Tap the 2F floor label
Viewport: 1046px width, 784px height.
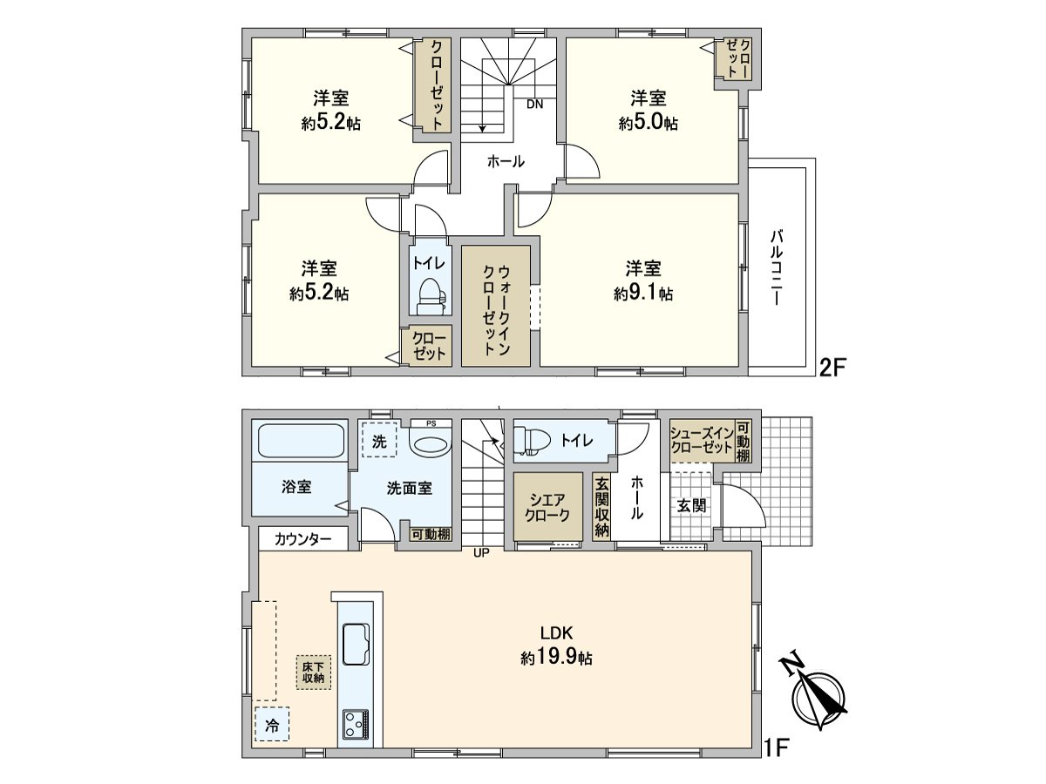pos(832,368)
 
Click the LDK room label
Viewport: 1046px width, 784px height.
pos(556,632)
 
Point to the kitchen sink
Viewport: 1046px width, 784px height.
pos(357,644)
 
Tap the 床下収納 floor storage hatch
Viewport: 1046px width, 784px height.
pos(314,672)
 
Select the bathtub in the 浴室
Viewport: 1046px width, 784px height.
pos(301,441)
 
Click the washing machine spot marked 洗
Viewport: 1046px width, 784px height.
pos(379,439)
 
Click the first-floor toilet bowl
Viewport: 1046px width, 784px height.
pos(532,439)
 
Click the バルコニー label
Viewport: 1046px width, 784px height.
pos(775,267)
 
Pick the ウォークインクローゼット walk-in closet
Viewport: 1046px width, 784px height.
pos(496,306)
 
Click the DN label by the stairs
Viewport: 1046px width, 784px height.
pos(535,105)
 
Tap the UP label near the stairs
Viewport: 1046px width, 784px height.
pos(481,552)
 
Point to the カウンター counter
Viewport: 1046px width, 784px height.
pos(303,539)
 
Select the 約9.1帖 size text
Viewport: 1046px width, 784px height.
pos(643,294)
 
